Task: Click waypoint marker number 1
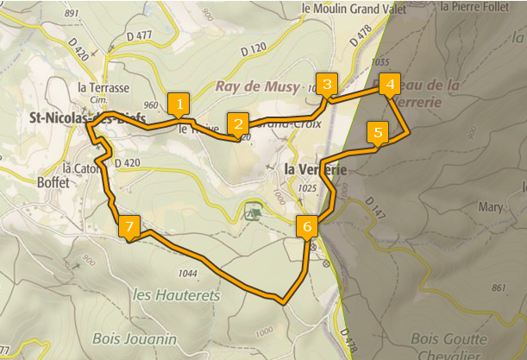click(179, 104)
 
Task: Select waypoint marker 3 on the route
click(326, 85)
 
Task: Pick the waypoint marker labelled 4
click(390, 85)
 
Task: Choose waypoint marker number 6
click(307, 226)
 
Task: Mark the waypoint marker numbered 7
click(129, 226)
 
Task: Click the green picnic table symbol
click(253, 210)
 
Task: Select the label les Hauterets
click(177, 295)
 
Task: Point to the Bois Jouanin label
click(138, 337)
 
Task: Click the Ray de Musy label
click(255, 87)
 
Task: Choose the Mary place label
click(489, 207)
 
